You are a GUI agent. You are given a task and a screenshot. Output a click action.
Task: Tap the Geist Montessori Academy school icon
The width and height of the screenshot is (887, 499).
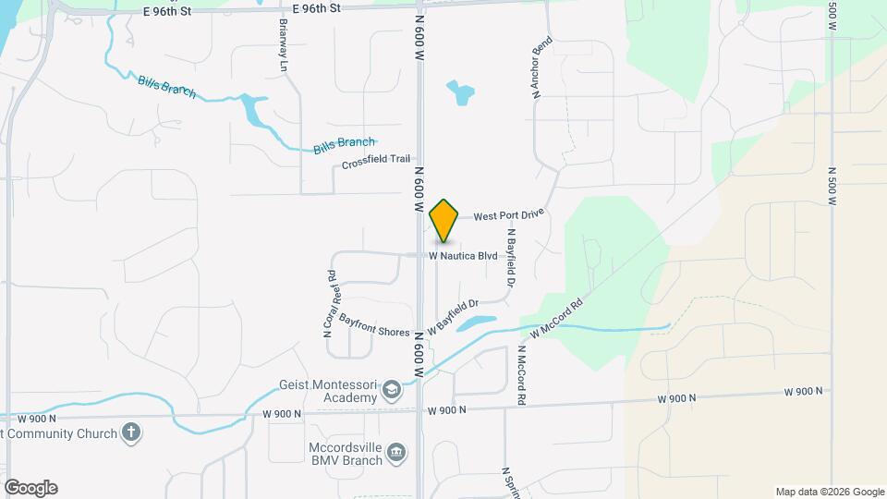pyautogui.click(x=393, y=390)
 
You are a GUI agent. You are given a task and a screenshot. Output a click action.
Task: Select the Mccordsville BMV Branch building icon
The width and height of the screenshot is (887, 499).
pyautogui.click(x=396, y=451)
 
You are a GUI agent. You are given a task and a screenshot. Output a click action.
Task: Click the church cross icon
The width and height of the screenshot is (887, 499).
pyautogui.click(x=131, y=432)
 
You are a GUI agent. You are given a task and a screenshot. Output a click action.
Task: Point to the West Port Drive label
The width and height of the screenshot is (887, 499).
pyautogui.click(x=509, y=215)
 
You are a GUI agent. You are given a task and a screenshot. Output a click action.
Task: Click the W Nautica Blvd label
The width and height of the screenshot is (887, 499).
pyautogui.click(x=464, y=255)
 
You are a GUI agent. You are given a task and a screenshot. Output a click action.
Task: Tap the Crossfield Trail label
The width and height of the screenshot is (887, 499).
pyautogui.click(x=375, y=160)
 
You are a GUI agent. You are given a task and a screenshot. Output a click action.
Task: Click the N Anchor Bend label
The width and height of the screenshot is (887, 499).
pyautogui.click(x=541, y=67)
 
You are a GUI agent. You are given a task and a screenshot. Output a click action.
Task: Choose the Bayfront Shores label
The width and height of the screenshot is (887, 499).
pyautogui.click(x=373, y=325)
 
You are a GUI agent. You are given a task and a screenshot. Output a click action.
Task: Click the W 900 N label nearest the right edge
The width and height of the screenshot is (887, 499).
pyautogui.click(x=803, y=392)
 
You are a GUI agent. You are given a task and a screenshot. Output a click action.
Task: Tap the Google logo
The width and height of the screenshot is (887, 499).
pyautogui.click(x=30, y=488)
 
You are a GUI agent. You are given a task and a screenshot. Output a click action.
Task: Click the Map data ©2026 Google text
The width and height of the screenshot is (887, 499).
pyautogui.click(x=828, y=492)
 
